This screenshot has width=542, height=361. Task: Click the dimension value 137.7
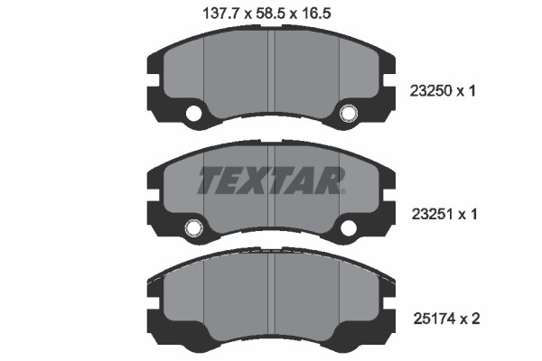(220, 14)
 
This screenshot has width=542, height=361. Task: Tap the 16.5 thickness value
(316, 14)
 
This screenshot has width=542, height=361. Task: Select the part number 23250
(431, 91)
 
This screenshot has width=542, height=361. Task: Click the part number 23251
(433, 214)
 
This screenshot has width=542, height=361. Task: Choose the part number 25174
(435, 319)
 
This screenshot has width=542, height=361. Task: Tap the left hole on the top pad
(193, 114)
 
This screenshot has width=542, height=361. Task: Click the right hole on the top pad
(349, 114)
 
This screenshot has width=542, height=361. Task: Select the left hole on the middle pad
(193, 227)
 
